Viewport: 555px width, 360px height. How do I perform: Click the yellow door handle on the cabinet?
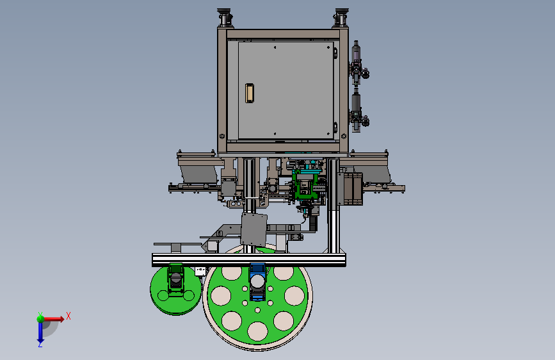point(250,93)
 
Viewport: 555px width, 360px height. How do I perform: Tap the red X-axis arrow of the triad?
point(54,319)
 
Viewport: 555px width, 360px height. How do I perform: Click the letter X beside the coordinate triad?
point(68,316)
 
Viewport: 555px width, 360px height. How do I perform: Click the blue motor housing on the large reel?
point(257,282)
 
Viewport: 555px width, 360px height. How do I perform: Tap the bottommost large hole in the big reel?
point(257,331)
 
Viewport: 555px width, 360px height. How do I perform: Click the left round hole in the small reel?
point(163,295)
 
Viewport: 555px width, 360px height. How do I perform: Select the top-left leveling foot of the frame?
point(224,17)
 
